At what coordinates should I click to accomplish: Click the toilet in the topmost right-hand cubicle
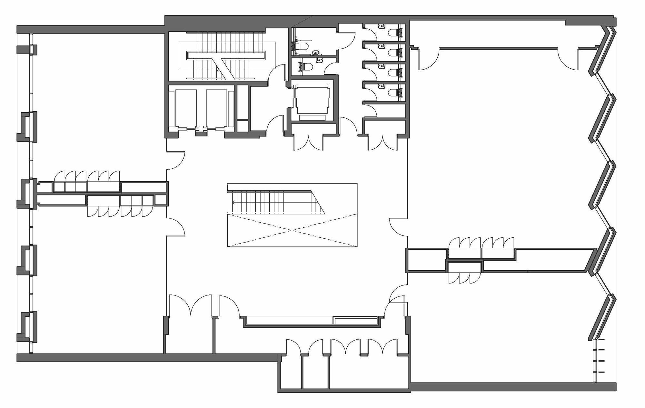click(x=393, y=33)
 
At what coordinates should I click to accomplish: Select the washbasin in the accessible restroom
click(x=316, y=52)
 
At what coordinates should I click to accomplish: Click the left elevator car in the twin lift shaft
click(x=185, y=108)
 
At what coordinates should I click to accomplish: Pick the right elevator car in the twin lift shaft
click(x=216, y=108)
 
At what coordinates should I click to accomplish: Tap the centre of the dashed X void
click(x=292, y=230)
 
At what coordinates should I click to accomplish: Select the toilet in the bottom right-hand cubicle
click(x=393, y=93)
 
